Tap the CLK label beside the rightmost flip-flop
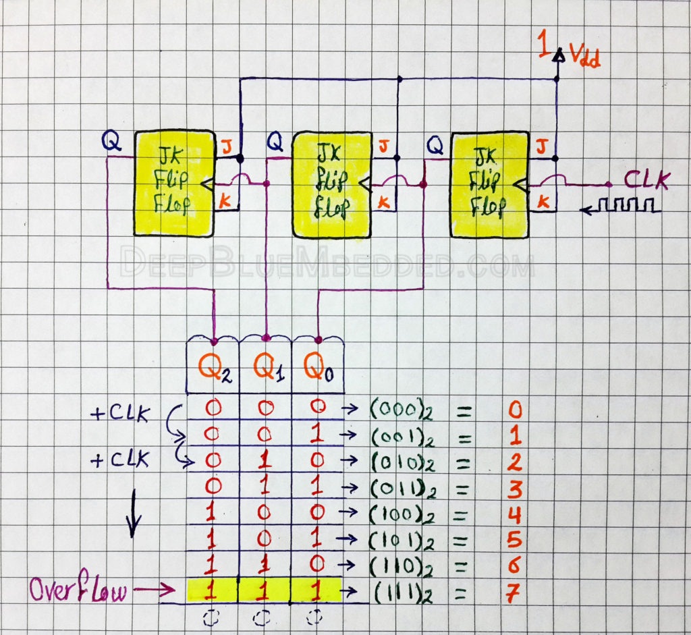tap(646, 181)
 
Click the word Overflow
tap(78, 592)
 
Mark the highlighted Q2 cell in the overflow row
tap(211, 592)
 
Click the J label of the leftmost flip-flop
tap(225, 144)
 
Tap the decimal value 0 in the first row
tap(515, 410)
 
